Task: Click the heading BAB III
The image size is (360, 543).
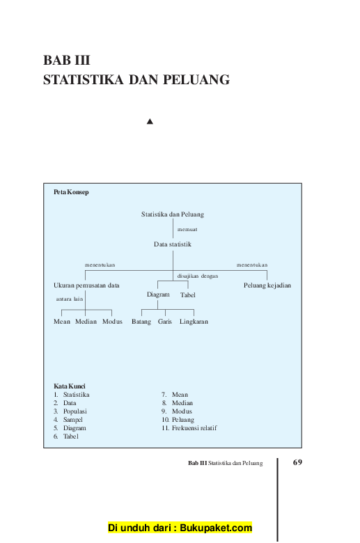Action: point(67,61)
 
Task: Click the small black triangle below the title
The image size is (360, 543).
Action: point(150,121)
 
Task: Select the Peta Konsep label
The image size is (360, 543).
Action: point(71,192)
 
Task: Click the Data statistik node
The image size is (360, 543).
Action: point(173,244)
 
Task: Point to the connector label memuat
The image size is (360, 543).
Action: point(187,229)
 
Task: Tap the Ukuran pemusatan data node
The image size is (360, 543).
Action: point(86,285)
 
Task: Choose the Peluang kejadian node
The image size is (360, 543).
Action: point(267,285)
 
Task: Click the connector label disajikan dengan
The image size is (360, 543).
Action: point(198,276)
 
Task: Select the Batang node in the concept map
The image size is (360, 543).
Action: point(141,322)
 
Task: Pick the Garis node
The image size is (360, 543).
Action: point(164,322)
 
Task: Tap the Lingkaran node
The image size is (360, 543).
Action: point(194,322)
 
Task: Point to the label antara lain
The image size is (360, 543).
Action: point(70,299)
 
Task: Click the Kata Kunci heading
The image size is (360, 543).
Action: point(70,386)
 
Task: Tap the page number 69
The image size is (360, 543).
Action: point(297,462)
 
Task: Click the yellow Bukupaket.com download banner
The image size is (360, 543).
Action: point(180,528)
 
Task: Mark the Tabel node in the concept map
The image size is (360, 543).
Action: point(188,295)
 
